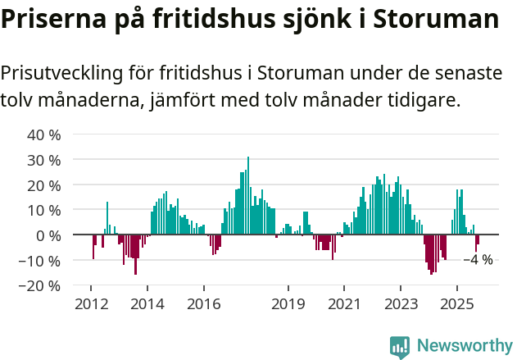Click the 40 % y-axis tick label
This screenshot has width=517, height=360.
click(x=44, y=134)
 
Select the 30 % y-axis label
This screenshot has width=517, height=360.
click(x=44, y=160)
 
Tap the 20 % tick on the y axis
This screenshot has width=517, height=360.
click(x=44, y=185)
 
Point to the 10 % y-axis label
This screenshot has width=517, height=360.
click(x=44, y=210)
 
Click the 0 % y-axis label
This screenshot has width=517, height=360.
click(x=48, y=235)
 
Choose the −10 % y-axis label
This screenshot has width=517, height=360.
click(x=40, y=261)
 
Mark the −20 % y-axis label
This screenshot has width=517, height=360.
click(x=40, y=286)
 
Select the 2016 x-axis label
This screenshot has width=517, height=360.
click(x=203, y=304)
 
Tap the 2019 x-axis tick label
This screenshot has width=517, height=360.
click(x=288, y=304)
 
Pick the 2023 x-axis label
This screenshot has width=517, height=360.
click(x=401, y=304)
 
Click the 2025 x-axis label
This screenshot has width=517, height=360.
click(x=456, y=304)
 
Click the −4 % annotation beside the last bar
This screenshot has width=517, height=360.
click(x=478, y=260)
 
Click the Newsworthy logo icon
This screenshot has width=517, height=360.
click(x=400, y=346)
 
